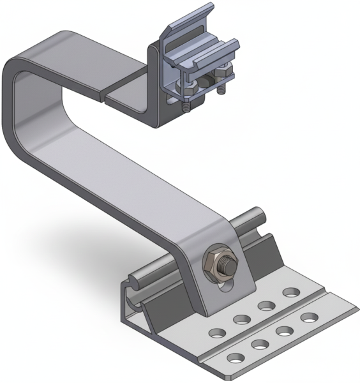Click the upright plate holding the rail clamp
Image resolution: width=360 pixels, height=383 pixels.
(x=156, y=89)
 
